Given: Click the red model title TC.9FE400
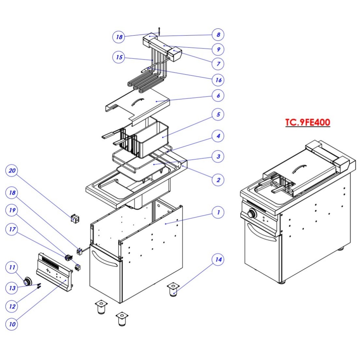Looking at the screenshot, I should coord(308,122).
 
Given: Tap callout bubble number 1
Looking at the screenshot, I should coord(218,212).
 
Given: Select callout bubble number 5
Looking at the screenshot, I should coord(218,115).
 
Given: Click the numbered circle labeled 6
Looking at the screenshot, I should coord(218,96).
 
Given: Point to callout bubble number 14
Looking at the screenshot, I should coord(218,260).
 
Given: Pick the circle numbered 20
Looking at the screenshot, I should coord(12,171).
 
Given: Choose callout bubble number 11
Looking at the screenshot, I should coord(12,267).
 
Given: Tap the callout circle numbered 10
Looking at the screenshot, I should coord(12,324).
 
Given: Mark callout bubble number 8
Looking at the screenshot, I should coord(218,34).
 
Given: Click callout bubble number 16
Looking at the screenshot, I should coord(218,80).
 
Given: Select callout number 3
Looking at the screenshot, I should coord(218,156).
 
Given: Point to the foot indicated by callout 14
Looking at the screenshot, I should coord(173,290).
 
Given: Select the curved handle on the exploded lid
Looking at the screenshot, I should coord(137,101).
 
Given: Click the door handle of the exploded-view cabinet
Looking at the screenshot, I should coord(104,259).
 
